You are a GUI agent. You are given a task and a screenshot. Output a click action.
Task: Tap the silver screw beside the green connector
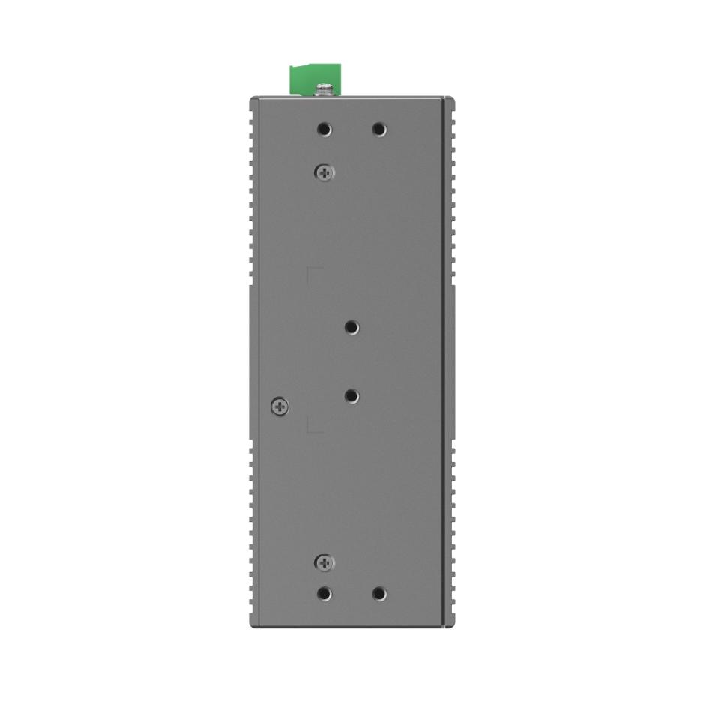[x=325, y=90]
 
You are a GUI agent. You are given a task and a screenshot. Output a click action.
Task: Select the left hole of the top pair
[x=324, y=130]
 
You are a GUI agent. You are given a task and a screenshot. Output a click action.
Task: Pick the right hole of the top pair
[x=379, y=130]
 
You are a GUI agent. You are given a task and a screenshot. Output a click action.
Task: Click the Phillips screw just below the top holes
[x=324, y=173]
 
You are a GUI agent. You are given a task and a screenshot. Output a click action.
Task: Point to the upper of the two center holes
[x=351, y=327]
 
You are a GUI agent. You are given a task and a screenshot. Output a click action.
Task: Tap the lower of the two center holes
[x=351, y=396]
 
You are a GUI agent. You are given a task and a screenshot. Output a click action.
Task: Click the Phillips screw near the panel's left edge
[x=280, y=406]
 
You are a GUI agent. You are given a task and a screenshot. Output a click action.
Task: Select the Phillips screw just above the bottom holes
[x=324, y=562]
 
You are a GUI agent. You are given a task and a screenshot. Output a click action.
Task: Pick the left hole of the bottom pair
[x=324, y=594]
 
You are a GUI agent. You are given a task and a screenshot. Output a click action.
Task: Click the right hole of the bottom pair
[x=379, y=594]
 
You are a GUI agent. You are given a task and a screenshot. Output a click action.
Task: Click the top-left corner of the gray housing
[x=252, y=98]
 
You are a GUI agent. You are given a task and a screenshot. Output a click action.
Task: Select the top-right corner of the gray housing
[x=453, y=98]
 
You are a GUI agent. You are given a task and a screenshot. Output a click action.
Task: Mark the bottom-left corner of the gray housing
[x=252, y=625]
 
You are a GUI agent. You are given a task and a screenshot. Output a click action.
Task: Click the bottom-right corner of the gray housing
[x=453, y=625]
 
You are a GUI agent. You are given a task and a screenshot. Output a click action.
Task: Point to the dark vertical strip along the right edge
[x=449, y=360]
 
